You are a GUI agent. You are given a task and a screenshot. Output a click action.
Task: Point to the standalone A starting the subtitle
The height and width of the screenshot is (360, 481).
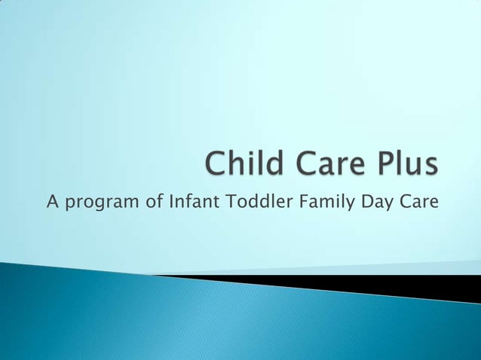[51, 201]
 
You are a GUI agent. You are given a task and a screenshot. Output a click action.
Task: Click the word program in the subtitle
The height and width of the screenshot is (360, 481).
[100, 203]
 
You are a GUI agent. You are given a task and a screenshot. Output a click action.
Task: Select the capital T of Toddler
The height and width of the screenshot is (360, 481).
[228, 201]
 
